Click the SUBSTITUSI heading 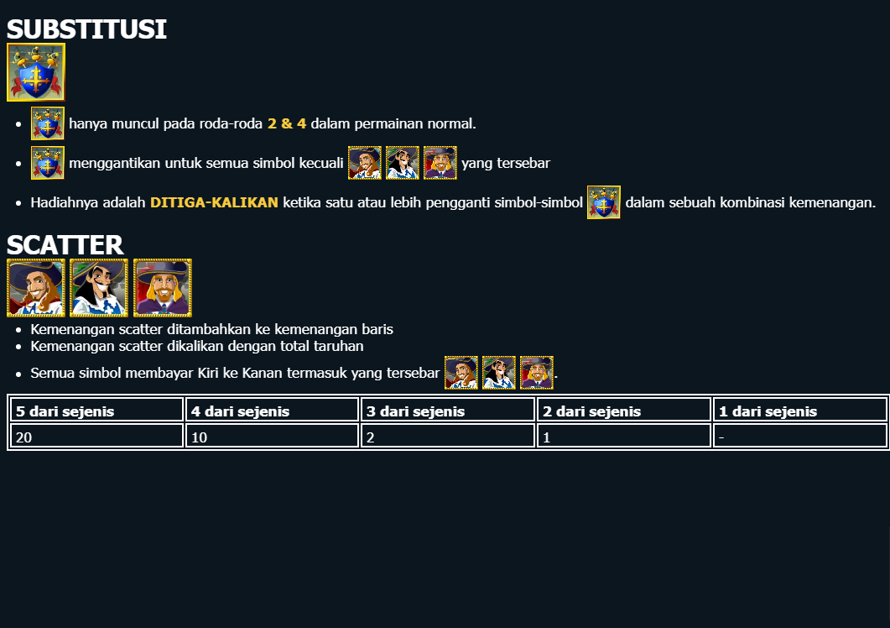pos(86,29)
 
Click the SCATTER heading pos(65,245)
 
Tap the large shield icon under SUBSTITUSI pos(36,72)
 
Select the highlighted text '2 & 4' pos(287,123)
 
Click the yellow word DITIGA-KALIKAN pos(214,202)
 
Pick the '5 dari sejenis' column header pos(65,411)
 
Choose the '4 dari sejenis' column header pos(240,411)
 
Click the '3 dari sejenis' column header pos(415,411)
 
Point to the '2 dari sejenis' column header pos(591,411)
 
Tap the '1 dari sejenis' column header pos(768,411)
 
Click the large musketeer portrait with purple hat pos(163,288)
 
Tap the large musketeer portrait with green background pos(99,288)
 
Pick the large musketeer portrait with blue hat pos(36,288)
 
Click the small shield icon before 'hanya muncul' pos(48,123)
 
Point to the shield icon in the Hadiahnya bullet pos(603,202)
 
